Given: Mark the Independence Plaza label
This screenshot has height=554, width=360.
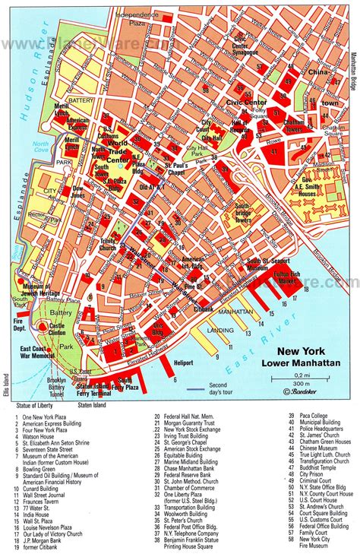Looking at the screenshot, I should click(121, 18).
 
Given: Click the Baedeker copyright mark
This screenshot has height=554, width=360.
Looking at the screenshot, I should click(308, 392).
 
